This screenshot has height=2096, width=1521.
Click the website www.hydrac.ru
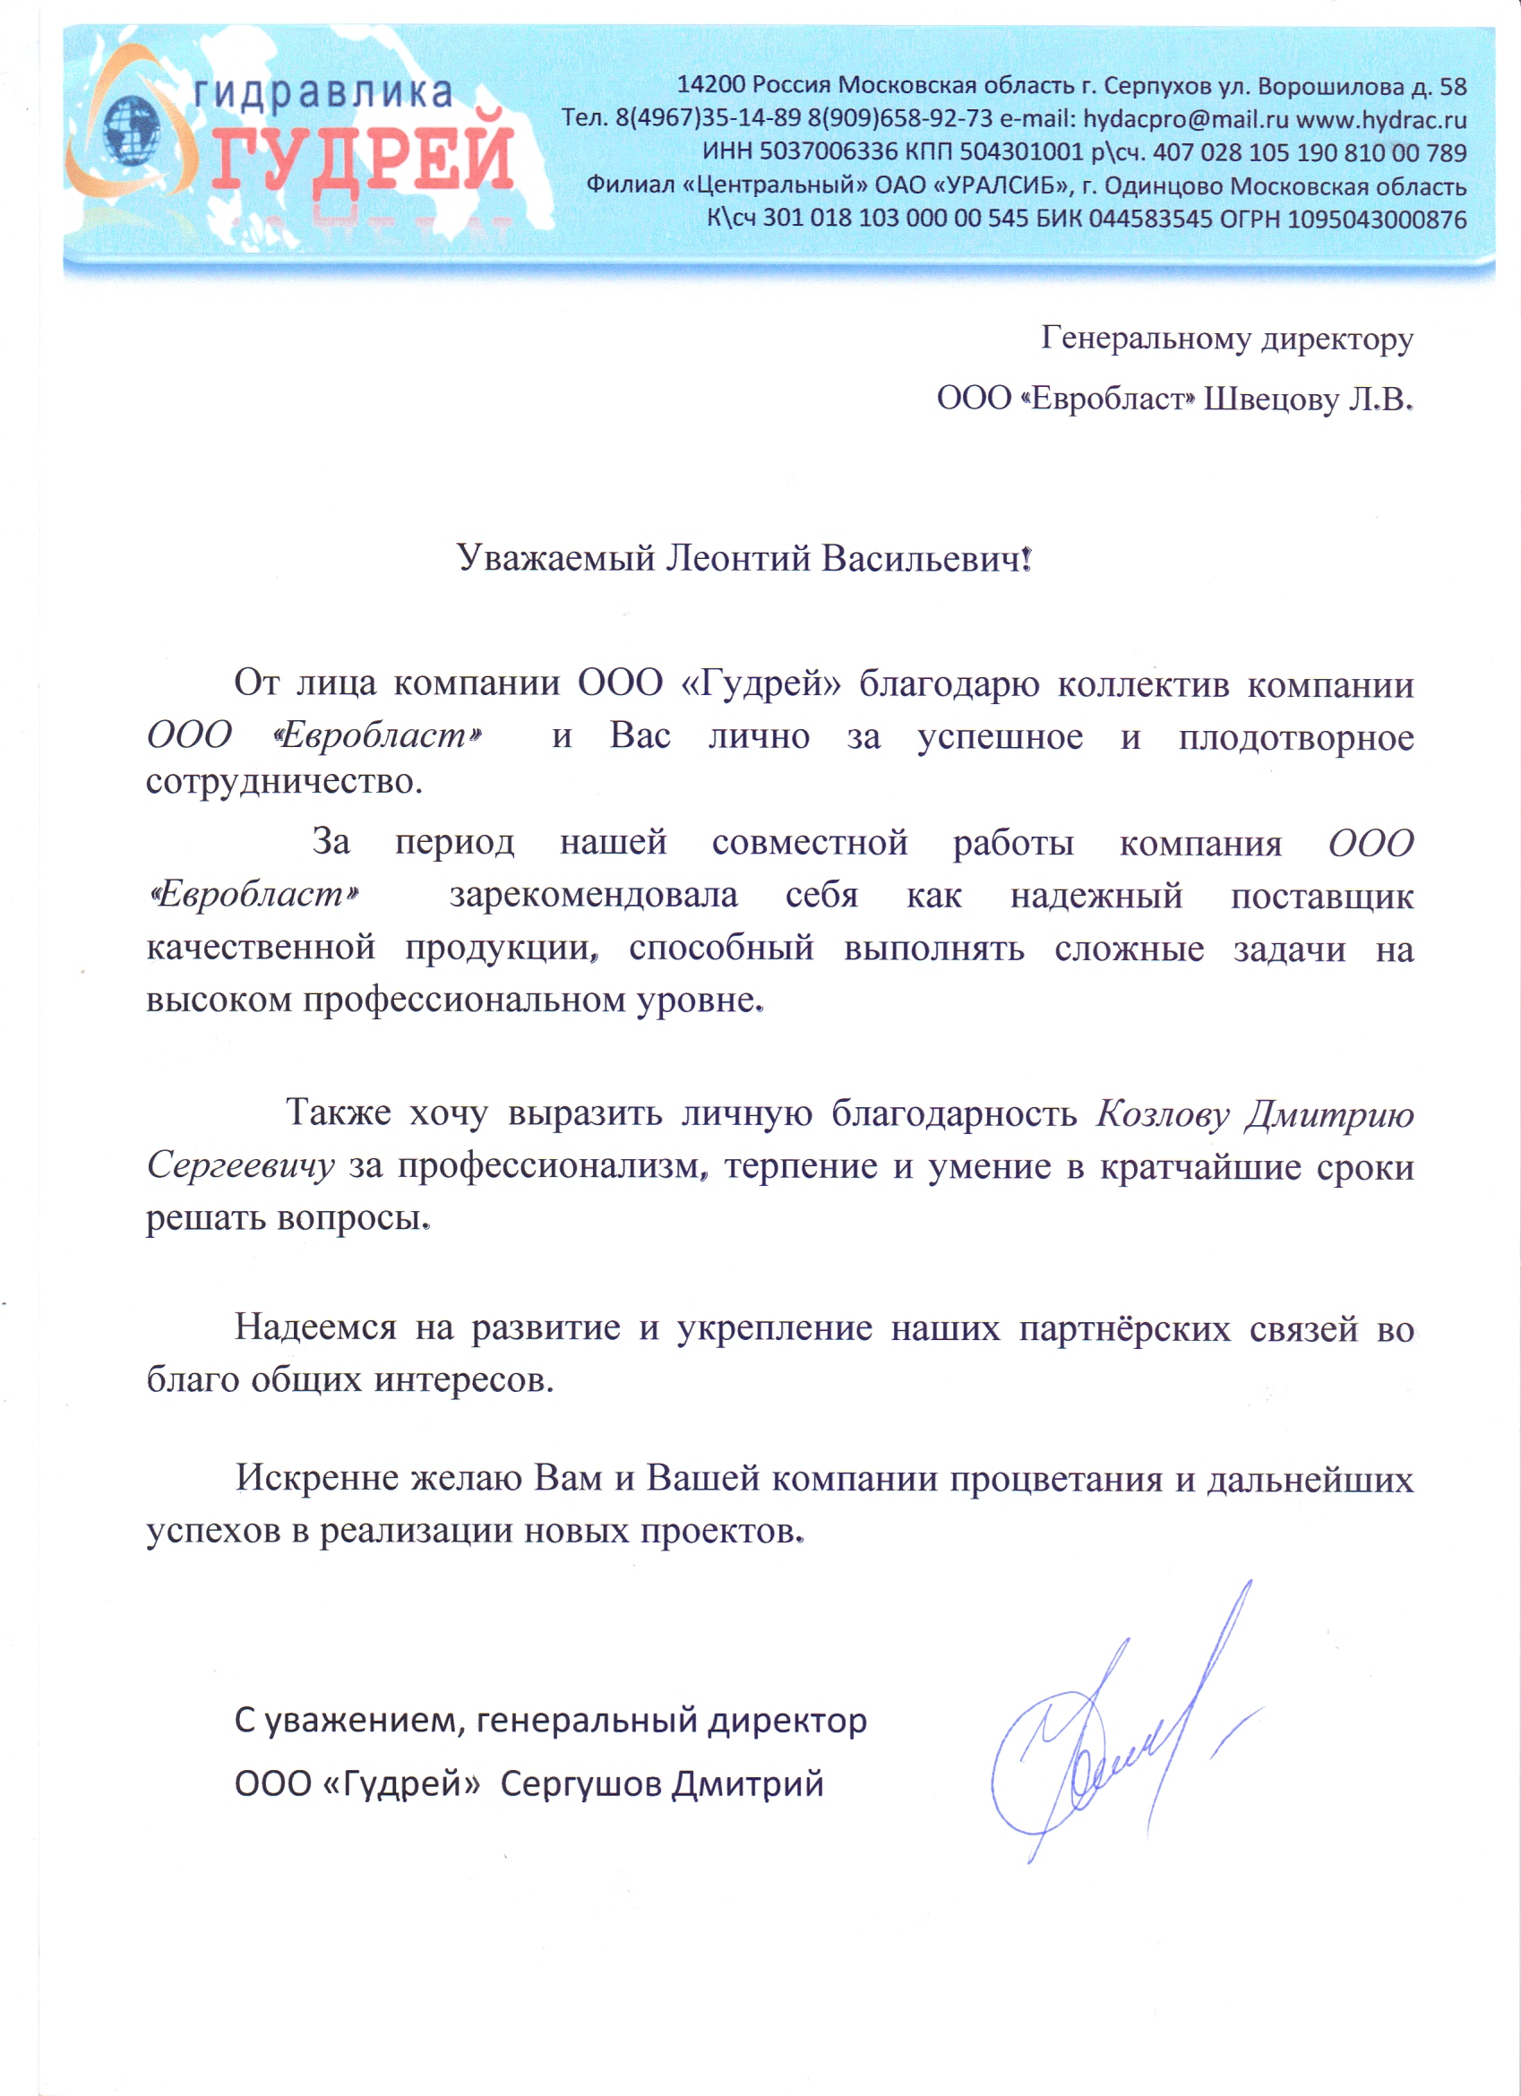(x=1381, y=119)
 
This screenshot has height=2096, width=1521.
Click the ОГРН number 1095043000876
(x=1377, y=220)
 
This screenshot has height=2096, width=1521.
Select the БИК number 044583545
(x=1150, y=220)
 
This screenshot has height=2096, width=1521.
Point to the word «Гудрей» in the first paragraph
(x=760, y=683)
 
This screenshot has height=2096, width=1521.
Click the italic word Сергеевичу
(x=240, y=1165)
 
